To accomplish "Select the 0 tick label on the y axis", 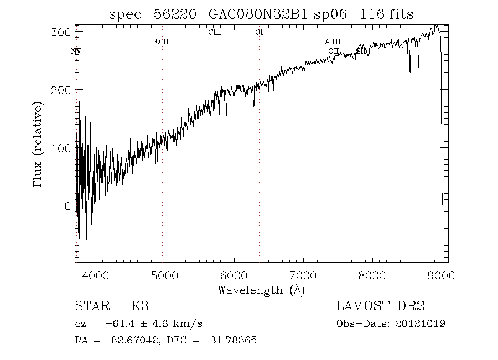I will (x=68, y=206).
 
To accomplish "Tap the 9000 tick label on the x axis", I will (x=441, y=275).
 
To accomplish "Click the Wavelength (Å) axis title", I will (x=261, y=290).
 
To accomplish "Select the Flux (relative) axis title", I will (x=38, y=143).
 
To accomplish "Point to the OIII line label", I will (x=162, y=41).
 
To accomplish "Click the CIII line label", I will (x=215, y=32).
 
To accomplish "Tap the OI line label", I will (x=259, y=32).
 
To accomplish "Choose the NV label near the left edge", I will (x=76, y=52).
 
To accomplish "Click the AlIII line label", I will (x=333, y=42).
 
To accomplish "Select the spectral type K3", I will (x=139, y=306).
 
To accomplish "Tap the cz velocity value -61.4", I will (x=109, y=324).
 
